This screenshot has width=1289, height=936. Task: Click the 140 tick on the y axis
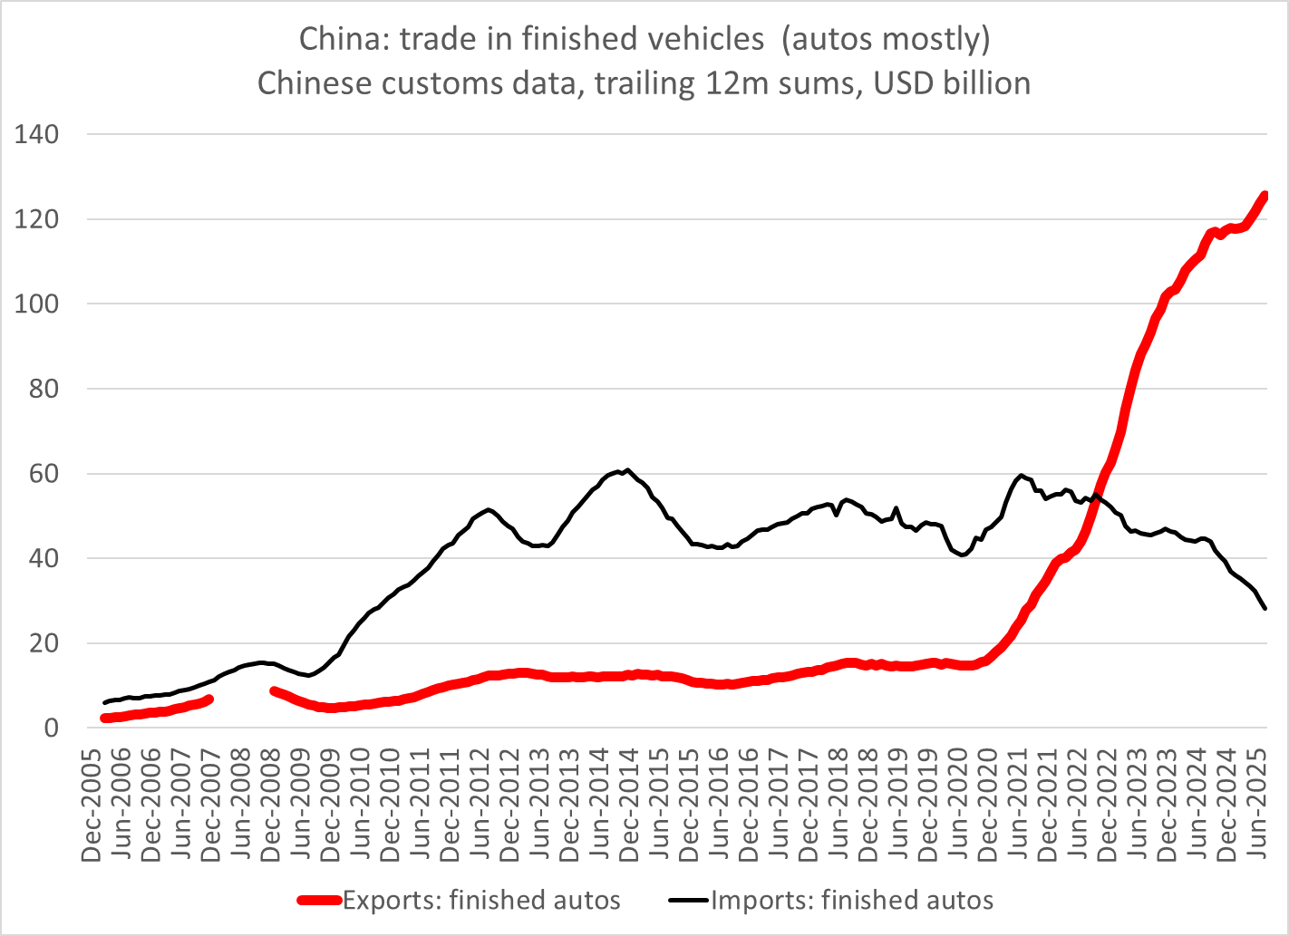(x=36, y=135)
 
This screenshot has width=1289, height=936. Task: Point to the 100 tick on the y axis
(x=36, y=304)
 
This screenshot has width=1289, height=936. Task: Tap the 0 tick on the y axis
(x=51, y=729)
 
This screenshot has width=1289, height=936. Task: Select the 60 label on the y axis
(x=44, y=474)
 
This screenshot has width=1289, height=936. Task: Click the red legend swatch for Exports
(x=320, y=901)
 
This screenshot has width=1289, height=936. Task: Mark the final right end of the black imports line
(x=1265, y=608)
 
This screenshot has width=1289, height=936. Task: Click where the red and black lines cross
(x=1094, y=500)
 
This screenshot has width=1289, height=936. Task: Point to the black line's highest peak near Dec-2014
(x=627, y=469)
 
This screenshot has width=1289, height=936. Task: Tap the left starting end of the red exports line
(x=104, y=718)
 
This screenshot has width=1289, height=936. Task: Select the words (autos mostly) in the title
(x=886, y=40)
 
